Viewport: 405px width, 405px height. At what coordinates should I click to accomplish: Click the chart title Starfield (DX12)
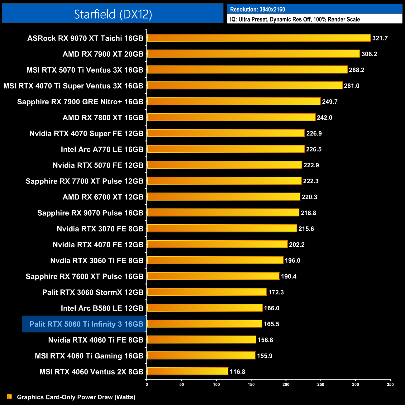[x=113, y=14]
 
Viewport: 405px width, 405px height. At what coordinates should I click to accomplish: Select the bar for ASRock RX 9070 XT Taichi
[x=259, y=38]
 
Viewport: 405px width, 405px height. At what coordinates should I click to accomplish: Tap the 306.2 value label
[x=369, y=54]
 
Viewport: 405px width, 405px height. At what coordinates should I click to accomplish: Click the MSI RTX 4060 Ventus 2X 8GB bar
[x=187, y=371]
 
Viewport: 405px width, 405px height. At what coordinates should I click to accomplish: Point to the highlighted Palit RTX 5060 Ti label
[x=86, y=324]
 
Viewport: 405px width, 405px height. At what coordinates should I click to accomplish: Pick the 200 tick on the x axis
[x=286, y=384]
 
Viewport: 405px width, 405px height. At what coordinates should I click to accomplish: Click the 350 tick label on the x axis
[x=390, y=384]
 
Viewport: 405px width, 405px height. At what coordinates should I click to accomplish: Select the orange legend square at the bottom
[x=9, y=397]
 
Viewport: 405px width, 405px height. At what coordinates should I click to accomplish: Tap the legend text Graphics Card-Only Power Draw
[x=76, y=397]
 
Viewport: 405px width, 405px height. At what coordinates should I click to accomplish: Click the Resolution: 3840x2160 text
[x=257, y=9]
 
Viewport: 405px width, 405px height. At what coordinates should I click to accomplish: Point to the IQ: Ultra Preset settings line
[x=295, y=19]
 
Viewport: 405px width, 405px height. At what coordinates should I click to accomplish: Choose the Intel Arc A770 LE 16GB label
[x=102, y=150]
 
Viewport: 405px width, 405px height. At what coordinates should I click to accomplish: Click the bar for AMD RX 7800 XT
[x=231, y=117]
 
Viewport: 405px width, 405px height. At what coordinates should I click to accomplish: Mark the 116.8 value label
[x=237, y=372]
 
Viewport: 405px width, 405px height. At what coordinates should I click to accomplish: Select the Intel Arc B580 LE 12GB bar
[x=204, y=308]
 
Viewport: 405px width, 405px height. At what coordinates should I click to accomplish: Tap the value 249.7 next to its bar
[x=330, y=102]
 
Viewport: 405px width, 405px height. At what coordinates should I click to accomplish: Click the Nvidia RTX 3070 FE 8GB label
[x=100, y=229]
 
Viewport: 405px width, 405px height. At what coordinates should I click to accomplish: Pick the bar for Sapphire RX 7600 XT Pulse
[x=213, y=276]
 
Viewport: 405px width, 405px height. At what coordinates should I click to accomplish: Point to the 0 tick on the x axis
[x=147, y=384]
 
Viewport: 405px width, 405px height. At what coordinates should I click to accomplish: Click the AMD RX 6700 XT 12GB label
[x=103, y=197]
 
